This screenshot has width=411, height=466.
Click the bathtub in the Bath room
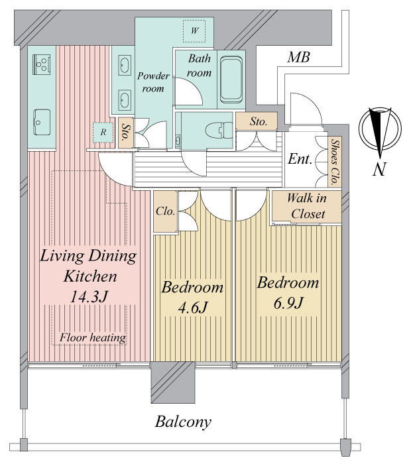click(231, 80)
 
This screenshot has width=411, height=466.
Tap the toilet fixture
click(219, 130)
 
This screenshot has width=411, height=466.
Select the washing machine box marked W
click(194, 30)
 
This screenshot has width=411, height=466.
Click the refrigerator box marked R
click(103, 132)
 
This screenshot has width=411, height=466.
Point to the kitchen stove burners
click(41, 64)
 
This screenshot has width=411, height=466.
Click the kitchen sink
click(42, 122)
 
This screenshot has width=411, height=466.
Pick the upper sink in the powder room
click(124, 64)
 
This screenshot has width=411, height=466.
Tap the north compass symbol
click(380, 129)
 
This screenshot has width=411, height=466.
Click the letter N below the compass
click(379, 169)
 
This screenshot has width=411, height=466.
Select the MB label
click(298, 58)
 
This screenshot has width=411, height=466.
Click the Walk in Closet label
click(307, 205)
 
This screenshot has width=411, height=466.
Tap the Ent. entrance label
click(300, 159)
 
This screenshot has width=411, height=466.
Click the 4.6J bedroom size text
click(192, 308)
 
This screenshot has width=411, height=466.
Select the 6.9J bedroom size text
click(288, 304)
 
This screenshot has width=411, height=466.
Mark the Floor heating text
click(93, 337)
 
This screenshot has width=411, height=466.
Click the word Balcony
click(183, 422)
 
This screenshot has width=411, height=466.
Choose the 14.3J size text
click(88, 296)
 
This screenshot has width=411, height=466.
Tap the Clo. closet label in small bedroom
click(165, 211)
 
